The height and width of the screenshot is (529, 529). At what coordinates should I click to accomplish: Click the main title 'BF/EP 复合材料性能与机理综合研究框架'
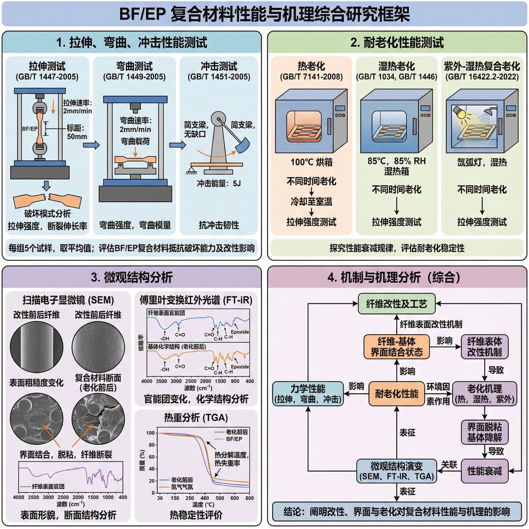click(264, 14)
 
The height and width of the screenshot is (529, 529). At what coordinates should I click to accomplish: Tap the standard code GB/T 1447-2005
click(47, 77)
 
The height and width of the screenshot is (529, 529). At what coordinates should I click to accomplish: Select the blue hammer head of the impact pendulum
click(243, 145)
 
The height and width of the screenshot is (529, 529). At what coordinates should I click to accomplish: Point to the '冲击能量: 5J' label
click(219, 183)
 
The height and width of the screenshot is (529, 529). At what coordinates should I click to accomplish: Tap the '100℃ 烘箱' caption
click(311, 162)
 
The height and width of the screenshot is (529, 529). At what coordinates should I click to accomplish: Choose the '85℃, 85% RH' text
click(396, 161)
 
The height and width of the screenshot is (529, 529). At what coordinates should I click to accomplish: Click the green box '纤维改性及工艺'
click(396, 304)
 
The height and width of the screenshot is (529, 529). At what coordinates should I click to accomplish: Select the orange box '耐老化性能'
click(396, 394)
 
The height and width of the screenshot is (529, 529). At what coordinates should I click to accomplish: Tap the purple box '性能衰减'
click(484, 471)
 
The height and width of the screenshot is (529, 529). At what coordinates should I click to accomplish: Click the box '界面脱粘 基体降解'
click(484, 432)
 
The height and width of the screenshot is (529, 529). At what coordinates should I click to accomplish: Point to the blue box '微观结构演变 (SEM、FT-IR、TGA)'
click(396, 471)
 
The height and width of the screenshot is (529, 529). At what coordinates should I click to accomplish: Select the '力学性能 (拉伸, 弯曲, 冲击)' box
click(308, 394)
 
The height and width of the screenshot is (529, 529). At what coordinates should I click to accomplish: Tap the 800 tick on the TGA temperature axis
click(250, 498)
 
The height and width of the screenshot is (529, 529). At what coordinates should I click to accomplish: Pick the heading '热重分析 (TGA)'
click(196, 418)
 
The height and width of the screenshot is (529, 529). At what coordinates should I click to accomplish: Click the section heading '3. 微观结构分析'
click(132, 277)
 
